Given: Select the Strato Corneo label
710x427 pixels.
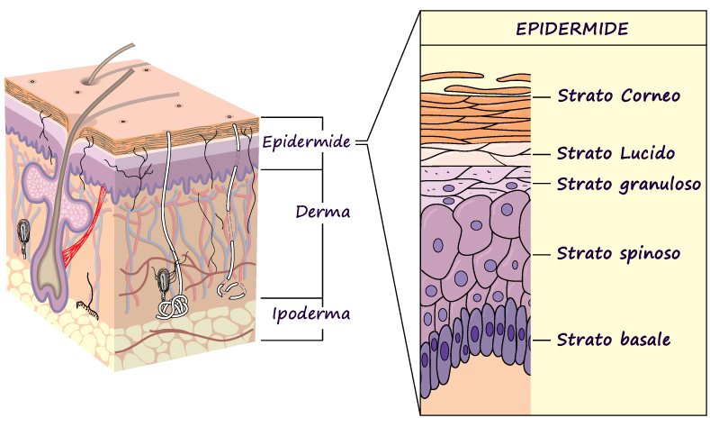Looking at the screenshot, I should pyautogui.click(x=618, y=95).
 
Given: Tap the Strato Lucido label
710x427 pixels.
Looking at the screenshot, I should pyautogui.click(x=616, y=153).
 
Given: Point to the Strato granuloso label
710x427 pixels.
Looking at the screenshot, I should pyautogui.click(x=628, y=184).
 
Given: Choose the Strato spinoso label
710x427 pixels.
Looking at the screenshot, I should pyautogui.click(x=618, y=253).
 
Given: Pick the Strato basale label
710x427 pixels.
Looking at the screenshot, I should pyautogui.click(x=614, y=340).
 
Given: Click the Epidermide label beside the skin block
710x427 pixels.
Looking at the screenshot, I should pyautogui.click(x=306, y=141).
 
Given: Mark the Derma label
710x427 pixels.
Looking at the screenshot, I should pyautogui.click(x=322, y=213).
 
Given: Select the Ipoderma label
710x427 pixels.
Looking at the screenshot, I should pyautogui.click(x=310, y=314).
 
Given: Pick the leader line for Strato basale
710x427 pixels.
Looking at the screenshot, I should pyautogui.click(x=540, y=340).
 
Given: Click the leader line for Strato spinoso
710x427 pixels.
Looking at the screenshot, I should pyautogui.click(x=540, y=254).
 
